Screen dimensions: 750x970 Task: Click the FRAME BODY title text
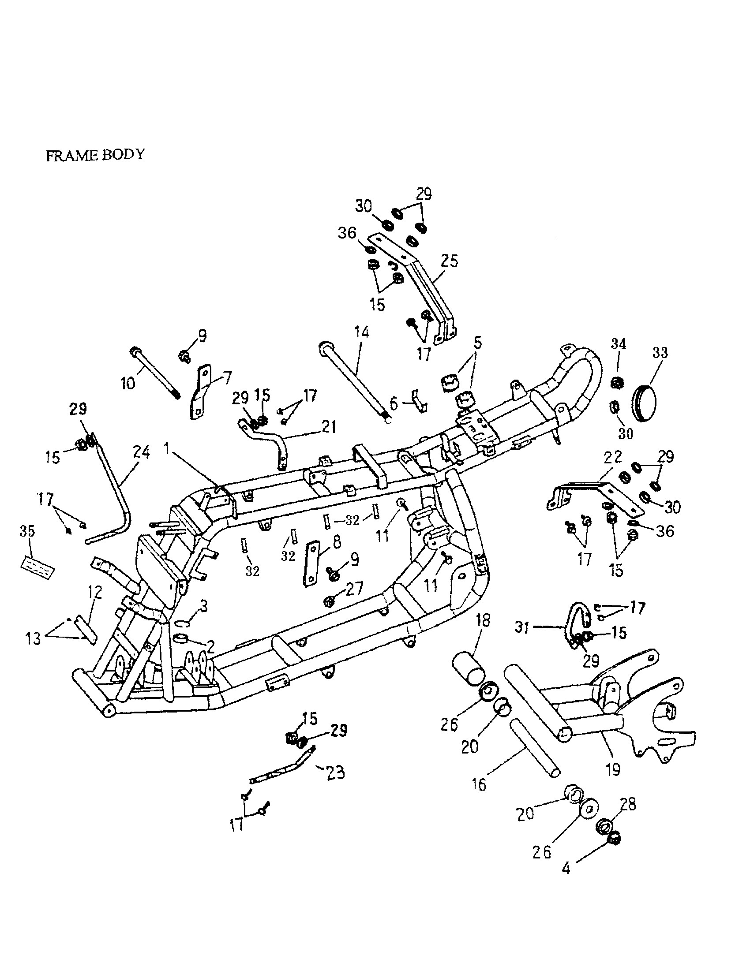pos(95,155)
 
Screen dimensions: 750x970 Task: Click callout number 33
pos(660,353)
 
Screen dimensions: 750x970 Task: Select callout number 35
pos(27,531)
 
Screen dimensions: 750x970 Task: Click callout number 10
pos(128,382)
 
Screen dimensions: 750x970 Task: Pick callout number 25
pos(449,261)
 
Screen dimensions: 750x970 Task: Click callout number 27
pos(354,588)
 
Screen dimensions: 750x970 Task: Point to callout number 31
pos(522,627)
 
